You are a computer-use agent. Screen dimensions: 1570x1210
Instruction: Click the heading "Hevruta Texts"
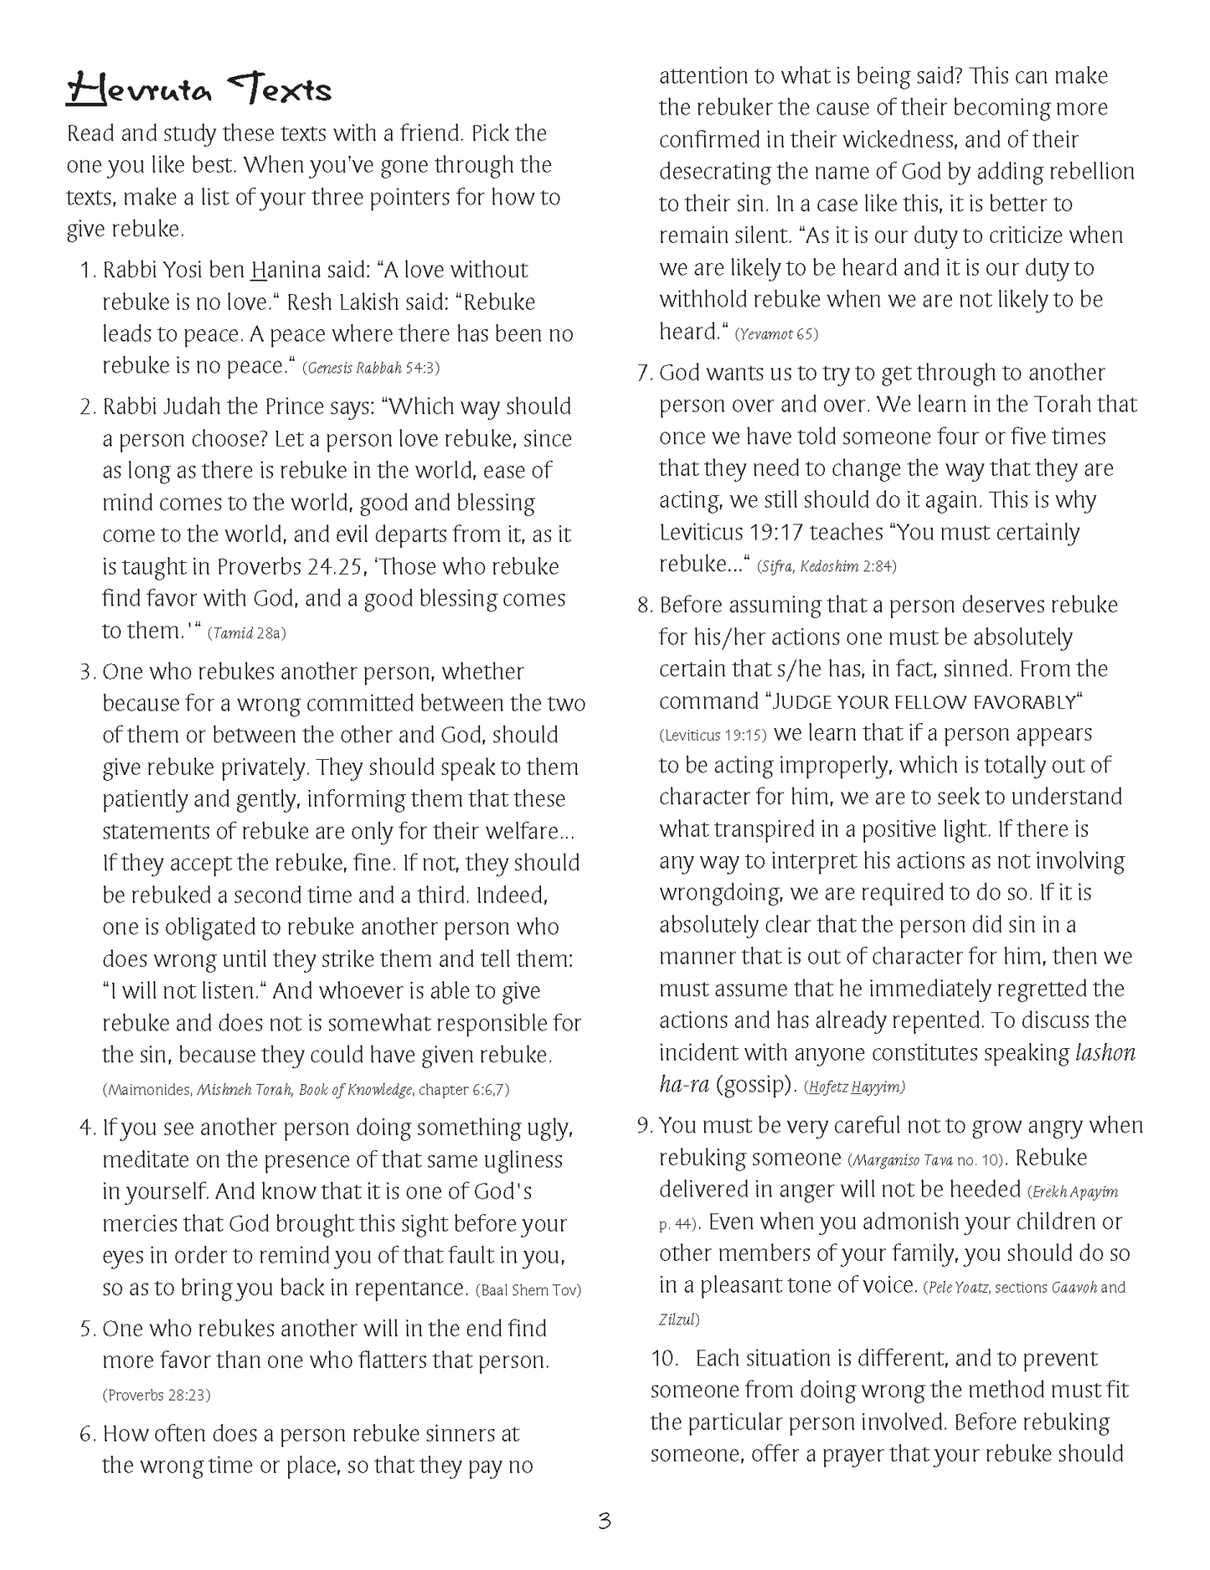click(198, 90)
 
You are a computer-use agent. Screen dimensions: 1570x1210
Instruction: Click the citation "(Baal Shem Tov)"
click(528, 1290)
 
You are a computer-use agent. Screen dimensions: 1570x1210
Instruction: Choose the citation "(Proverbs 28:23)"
click(157, 1395)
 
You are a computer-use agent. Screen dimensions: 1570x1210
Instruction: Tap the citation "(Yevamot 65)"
click(776, 334)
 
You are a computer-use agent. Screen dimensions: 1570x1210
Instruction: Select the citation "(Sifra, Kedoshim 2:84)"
click(826, 567)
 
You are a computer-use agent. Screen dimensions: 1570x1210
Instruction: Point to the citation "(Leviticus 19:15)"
click(713, 736)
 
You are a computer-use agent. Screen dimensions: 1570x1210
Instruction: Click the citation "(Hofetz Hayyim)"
click(854, 1087)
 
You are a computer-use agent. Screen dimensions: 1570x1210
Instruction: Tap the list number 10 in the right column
click(665, 1358)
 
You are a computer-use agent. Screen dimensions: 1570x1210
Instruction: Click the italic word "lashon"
click(1104, 1053)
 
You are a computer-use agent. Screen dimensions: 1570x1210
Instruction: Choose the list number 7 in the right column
click(644, 374)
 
